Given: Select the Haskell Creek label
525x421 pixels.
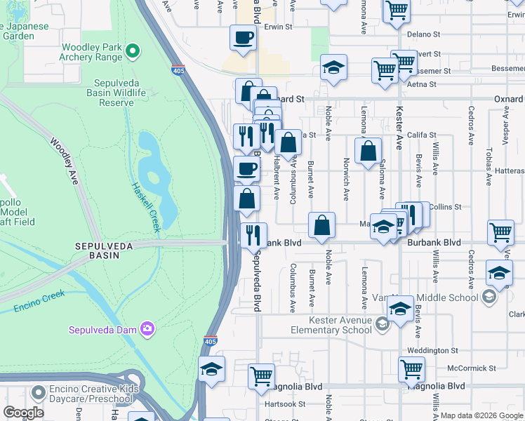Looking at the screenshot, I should (147, 208).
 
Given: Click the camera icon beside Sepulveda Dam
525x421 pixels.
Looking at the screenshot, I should (147, 328).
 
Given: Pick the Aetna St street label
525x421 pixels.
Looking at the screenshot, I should (421, 84).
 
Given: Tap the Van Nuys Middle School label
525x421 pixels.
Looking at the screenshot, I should (434, 298).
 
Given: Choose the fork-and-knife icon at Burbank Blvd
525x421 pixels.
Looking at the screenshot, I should (253, 236).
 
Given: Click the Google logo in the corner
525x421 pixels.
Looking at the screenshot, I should (24, 413).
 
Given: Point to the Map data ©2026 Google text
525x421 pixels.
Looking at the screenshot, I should (481, 416).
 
